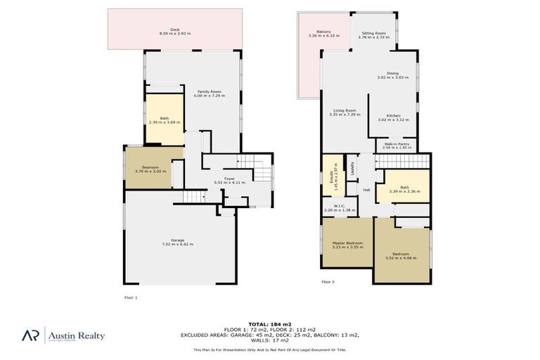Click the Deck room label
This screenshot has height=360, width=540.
[x=175, y=30]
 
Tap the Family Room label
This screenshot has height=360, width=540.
[x=210, y=92]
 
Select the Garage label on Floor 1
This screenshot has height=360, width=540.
[x=177, y=241]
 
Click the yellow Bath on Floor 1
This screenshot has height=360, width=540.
[x=164, y=120]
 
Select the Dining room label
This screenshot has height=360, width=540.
[x=392, y=75]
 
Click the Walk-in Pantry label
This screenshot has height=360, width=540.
[x=397, y=146]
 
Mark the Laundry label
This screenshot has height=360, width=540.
[x=352, y=169]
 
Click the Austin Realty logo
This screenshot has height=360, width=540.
[x=66, y=335]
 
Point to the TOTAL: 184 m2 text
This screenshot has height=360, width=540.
[x=270, y=324]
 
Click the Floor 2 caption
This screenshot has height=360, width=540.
[x=328, y=282]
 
